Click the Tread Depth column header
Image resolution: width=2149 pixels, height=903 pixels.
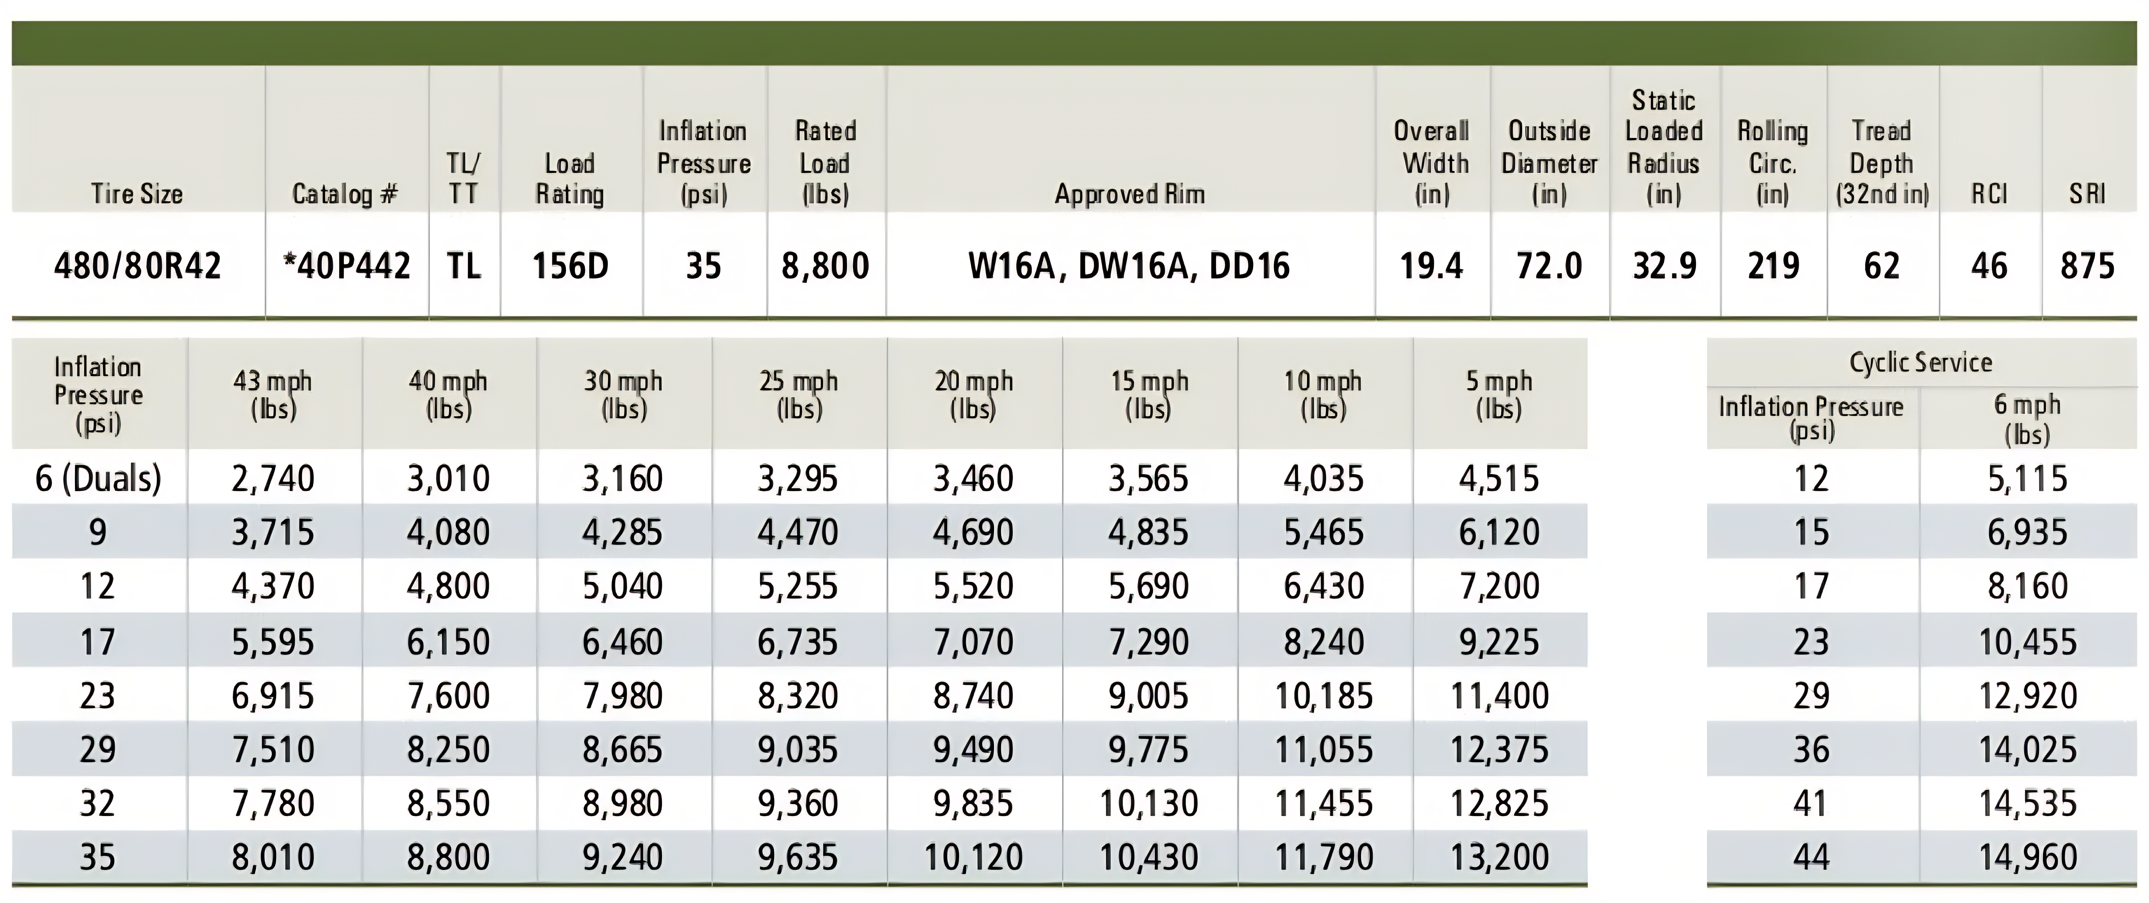[1882, 163]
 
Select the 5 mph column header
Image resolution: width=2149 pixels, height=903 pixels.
[1499, 394]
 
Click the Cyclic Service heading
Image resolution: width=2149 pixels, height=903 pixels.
[1920, 362]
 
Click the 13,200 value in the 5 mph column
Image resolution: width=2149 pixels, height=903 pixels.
[1499, 857]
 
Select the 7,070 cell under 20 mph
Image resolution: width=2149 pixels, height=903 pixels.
[974, 642]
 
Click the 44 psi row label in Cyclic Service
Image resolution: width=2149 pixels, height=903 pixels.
[1811, 857]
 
